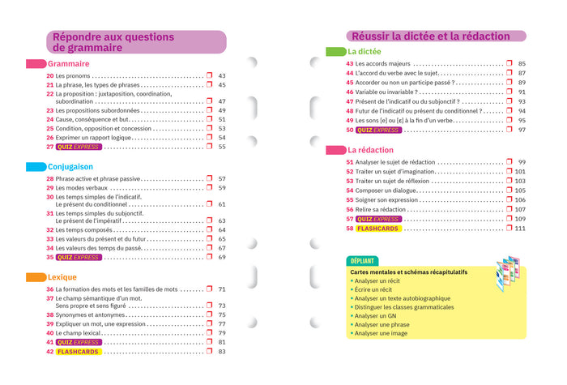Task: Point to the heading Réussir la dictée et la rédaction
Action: [x=429, y=36]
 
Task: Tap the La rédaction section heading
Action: [x=371, y=151]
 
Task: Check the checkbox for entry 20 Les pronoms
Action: [x=209, y=75]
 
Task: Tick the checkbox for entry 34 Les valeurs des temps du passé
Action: [x=209, y=248]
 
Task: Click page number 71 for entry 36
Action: [x=222, y=289]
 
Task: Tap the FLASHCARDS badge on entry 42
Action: [x=78, y=352]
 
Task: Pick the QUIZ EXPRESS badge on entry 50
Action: [x=377, y=130]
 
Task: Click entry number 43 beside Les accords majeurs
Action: [x=349, y=63]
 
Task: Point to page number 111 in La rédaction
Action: [x=519, y=229]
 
